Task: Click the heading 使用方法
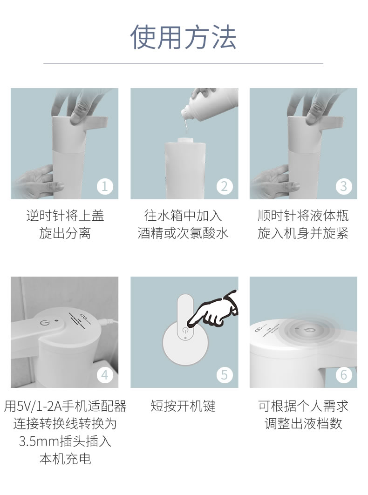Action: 184,37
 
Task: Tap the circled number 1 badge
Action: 105,186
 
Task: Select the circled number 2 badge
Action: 225,186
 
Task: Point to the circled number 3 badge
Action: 344,186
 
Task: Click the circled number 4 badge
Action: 105,375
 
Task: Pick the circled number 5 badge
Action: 225,375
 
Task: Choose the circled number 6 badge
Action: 344,375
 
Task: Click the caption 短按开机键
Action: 183,406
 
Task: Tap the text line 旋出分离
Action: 65,233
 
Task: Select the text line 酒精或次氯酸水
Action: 183,233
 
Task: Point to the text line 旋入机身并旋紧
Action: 303,233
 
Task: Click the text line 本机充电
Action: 65,459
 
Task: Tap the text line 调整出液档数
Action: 304,424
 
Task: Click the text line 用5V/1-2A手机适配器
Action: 65,406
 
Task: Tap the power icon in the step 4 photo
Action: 43,323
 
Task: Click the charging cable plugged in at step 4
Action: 109,322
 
